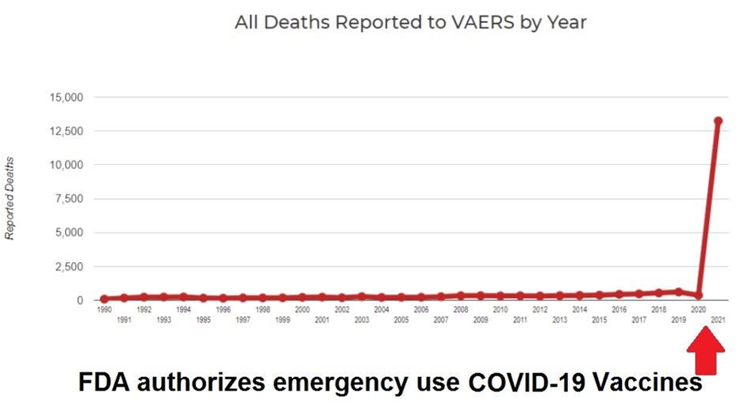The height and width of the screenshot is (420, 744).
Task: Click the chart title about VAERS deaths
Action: pyautogui.click(x=410, y=22)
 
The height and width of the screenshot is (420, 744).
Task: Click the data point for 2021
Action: pyautogui.click(x=718, y=121)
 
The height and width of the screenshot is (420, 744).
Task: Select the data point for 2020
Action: pyautogui.click(x=698, y=295)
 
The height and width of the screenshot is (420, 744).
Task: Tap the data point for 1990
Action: pyautogui.click(x=104, y=299)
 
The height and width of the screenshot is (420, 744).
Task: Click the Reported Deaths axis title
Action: pyautogui.click(x=10, y=199)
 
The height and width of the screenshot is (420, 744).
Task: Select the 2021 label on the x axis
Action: pyautogui.click(x=718, y=320)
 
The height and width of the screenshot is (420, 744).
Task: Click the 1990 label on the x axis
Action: pyautogui.click(x=104, y=310)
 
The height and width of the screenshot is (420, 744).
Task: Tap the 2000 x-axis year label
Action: pyautogui.click(x=302, y=310)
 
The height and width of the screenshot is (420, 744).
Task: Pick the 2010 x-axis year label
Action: pyautogui.click(x=500, y=310)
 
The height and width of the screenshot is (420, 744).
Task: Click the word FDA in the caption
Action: pyautogui.click(x=105, y=383)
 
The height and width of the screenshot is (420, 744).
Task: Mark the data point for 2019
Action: pyautogui.click(x=678, y=291)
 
